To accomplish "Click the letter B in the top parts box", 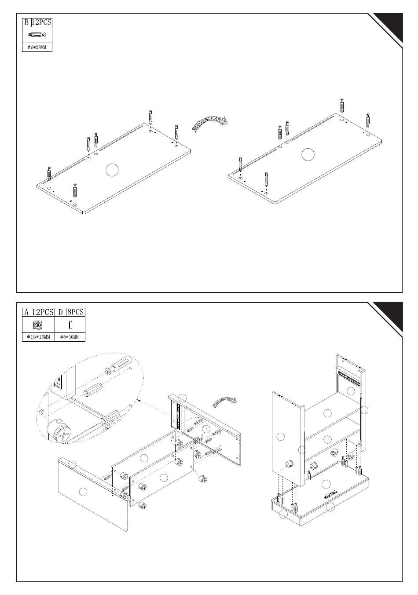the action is pos(26,22).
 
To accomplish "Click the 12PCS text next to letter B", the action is pos(41,22).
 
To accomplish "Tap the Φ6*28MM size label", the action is pos(37,47).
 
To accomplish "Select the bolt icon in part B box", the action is pos(37,35).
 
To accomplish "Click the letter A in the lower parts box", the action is pos(26,312).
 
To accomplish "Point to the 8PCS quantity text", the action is pos(76,312).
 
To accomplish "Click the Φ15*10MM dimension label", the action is pos(38,337).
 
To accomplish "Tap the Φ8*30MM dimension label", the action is pos(70,337).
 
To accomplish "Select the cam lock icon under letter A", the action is pos(38,325).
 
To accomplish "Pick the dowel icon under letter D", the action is pos(70,325).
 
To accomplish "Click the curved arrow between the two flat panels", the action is pos(209,124).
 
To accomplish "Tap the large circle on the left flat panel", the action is pos(112,170).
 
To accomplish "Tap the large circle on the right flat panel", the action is pos(308,154).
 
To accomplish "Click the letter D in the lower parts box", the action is pos(60,312).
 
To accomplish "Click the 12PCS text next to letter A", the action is pos(43,312).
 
